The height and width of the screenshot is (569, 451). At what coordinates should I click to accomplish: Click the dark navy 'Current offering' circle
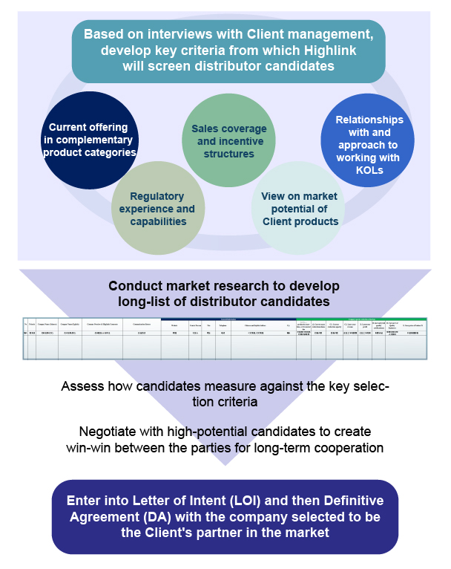click(x=89, y=140)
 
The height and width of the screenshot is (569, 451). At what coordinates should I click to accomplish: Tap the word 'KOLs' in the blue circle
click(x=369, y=170)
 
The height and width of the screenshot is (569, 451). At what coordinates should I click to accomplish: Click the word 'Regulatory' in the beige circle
click(x=157, y=196)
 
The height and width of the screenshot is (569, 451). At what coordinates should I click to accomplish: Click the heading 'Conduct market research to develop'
click(x=223, y=286)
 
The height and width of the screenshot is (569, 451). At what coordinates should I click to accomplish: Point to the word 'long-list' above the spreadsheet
click(x=145, y=301)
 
